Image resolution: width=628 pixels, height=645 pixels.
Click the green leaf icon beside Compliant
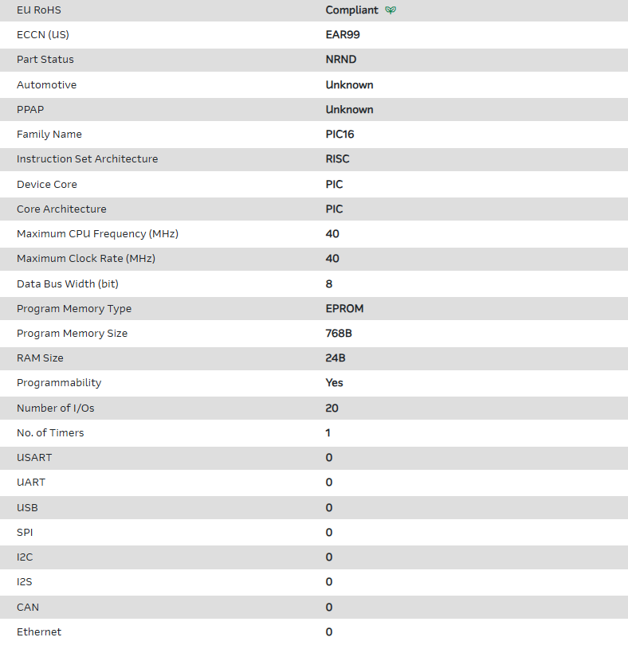pyautogui.click(x=391, y=10)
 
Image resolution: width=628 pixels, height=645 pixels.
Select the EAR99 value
pyautogui.click(x=343, y=35)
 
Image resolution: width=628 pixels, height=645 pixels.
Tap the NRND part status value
pyautogui.click(x=341, y=60)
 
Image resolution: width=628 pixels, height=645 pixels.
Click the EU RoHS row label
pyautogui.click(x=39, y=10)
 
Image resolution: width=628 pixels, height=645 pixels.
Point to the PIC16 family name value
pyautogui.click(x=340, y=135)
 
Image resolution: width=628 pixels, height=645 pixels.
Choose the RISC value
pyautogui.click(x=338, y=159)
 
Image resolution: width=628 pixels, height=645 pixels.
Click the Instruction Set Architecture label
pyautogui.click(x=87, y=159)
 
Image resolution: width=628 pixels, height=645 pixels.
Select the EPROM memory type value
pyautogui.click(x=344, y=309)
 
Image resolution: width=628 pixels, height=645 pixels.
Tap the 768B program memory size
pyautogui.click(x=339, y=334)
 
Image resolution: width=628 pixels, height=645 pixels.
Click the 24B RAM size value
pyautogui.click(x=336, y=358)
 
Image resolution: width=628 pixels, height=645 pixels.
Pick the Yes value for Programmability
pyautogui.click(x=335, y=383)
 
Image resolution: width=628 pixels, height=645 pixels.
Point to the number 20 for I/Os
pyautogui.click(x=332, y=408)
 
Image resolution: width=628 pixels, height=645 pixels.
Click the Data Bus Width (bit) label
pyautogui.click(x=67, y=284)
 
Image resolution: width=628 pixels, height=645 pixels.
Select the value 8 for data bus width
pyautogui.click(x=329, y=284)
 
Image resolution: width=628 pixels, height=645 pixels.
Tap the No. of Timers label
pyautogui.click(x=50, y=433)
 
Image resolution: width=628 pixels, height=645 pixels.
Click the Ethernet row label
pyautogui.click(x=39, y=632)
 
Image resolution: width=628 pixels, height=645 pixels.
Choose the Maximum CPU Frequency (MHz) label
pyautogui.click(x=97, y=234)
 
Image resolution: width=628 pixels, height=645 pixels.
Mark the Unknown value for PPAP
pyautogui.click(x=349, y=110)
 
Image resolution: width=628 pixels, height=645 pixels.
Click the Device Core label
pyautogui.click(x=47, y=185)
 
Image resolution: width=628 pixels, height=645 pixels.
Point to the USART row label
pyautogui.click(x=34, y=458)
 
